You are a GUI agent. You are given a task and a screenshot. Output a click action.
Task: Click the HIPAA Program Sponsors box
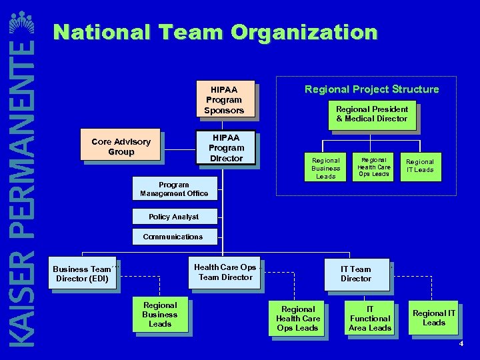(224, 99)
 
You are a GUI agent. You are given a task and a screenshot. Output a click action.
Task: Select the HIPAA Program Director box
(226, 147)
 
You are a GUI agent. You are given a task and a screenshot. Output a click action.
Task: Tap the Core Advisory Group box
(121, 146)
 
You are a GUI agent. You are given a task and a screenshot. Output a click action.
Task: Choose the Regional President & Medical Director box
(372, 114)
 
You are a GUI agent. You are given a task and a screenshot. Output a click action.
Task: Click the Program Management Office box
(173, 189)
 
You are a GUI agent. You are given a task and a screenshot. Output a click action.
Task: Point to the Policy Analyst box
(173, 217)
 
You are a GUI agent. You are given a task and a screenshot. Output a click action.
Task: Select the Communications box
(173, 237)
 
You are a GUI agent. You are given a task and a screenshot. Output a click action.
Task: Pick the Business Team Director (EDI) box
(82, 273)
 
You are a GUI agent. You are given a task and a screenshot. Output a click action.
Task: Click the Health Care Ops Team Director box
(225, 272)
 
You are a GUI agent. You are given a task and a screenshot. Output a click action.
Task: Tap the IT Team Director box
(356, 274)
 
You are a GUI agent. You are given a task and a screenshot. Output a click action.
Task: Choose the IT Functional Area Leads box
(370, 318)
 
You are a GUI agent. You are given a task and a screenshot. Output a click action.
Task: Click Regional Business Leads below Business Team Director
(160, 314)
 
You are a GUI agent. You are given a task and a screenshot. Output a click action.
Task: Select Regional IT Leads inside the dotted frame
(420, 165)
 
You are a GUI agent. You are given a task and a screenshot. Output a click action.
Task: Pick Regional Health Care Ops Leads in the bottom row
(298, 318)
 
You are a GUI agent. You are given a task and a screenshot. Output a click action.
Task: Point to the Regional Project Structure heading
(371, 89)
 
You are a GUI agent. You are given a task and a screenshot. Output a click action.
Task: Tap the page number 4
(461, 343)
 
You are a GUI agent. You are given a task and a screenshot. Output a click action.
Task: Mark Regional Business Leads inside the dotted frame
(325, 168)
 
